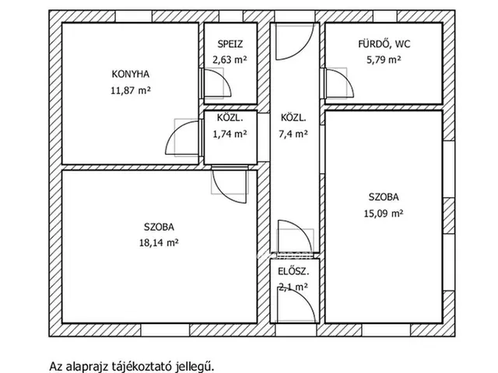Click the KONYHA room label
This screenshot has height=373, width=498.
(131, 75)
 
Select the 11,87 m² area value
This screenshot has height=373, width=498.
(131, 90)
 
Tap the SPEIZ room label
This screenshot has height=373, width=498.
(230, 44)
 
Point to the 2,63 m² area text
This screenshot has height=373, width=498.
(230, 58)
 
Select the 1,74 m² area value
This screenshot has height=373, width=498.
(230, 134)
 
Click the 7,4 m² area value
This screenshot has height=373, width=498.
(293, 134)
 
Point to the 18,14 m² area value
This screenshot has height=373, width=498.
(159, 242)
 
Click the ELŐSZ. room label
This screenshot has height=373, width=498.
(293, 272)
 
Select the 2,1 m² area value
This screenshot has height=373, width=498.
(293, 287)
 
